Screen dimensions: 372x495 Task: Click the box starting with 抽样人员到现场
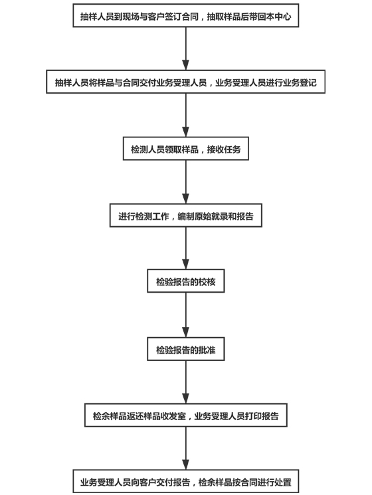pos(186,15)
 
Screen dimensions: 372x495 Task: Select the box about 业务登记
pos(186,82)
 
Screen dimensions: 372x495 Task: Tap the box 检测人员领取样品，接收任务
pos(186,149)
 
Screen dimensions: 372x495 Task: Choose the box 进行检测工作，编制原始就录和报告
pos(186,215)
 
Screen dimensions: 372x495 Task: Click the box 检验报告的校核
pos(186,281)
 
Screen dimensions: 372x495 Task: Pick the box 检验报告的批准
pos(186,349)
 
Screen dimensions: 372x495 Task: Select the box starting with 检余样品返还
pos(186,415)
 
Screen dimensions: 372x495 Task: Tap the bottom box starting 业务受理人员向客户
pos(186,482)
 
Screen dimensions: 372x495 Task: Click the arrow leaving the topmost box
pos(186,48)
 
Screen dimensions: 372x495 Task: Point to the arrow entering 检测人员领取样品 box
pos(186,115)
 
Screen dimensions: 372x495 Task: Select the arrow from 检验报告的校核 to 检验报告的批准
pos(186,315)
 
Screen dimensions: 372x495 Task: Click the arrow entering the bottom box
pos(186,449)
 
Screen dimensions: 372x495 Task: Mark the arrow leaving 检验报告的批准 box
pos(186,382)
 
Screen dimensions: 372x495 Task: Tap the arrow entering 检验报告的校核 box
pos(186,248)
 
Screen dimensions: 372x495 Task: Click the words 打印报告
pos(262,416)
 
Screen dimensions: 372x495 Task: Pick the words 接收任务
pos(224,149)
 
